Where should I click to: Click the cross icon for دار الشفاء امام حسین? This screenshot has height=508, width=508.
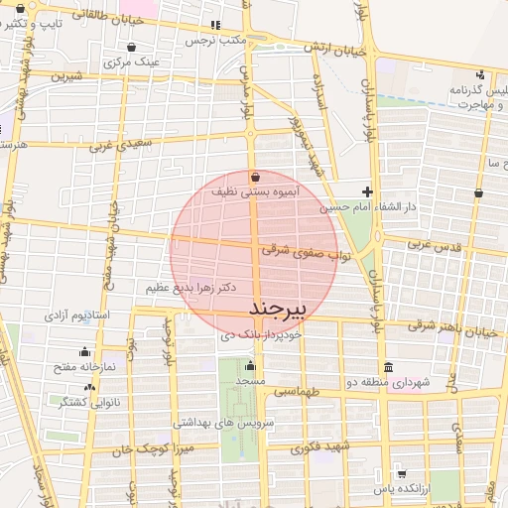pos(367,191)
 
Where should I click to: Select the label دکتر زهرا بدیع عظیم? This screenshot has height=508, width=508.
pos(190,288)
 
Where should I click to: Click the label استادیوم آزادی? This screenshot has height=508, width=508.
pos(81,315)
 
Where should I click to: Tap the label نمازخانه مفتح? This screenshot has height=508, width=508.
pos(84,367)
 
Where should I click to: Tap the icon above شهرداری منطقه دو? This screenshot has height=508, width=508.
pos(387,366)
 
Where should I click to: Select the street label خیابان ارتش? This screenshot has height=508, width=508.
pos(326,49)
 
